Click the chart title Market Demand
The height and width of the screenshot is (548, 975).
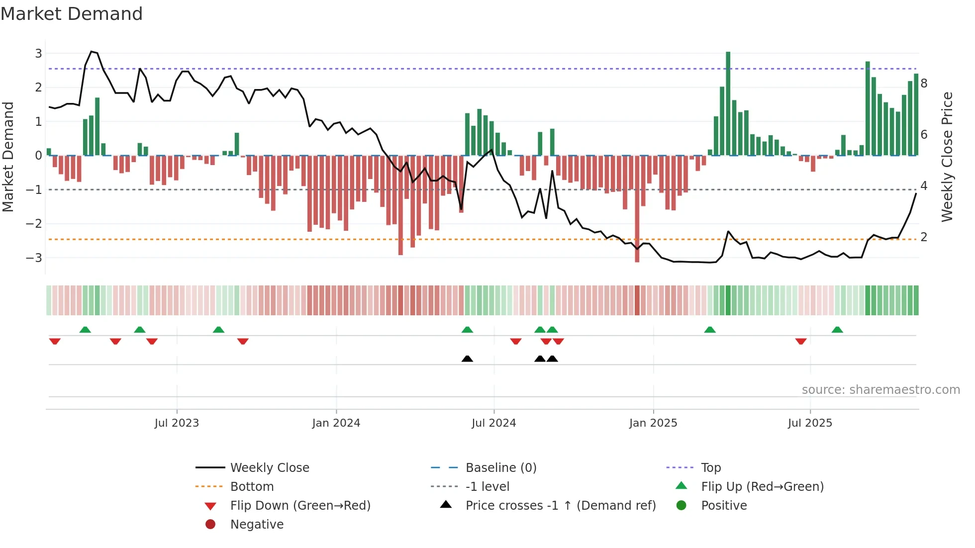pyautogui.click(x=72, y=14)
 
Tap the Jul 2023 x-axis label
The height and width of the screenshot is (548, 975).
pyautogui.click(x=177, y=423)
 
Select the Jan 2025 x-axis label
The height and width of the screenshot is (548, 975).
pyautogui.click(x=653, y=423)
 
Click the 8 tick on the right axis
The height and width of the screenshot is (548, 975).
pyautogui.click(x=924, y=83)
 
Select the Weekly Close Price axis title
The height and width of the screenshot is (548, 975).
pyautogui.click(x=947, y=157)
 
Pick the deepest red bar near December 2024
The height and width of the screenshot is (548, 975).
pyautogui.click(x=637, y=209)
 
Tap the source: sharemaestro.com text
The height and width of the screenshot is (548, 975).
pyautogui.click(x=880, y=390)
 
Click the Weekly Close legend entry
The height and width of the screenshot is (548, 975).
pyautogui.click(x=269, y=468)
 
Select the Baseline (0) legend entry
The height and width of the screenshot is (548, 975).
pyautogui.click(x=500, y=468)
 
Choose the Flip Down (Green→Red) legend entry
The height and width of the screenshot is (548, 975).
pyautogui.click(x=300, y=506)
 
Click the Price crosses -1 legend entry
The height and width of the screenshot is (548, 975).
pyautogui.click(x=560, y=506)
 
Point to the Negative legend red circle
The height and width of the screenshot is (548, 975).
pyautogui.click(x=210, y=525)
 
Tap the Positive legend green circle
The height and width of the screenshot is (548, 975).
pyautogui.click(x=682, y=506)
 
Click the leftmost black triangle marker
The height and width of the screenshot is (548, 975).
pyautogui.click(x=467, y=359)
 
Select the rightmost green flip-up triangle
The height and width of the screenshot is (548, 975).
pyautogui.click(x=837, y=330)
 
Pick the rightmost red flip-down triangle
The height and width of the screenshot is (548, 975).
pyautogui.click(x=800, y=341)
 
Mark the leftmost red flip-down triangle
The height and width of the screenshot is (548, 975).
pyautogui.click(x=55, y=341)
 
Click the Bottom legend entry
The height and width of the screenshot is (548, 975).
pyautogui.click(x=252, y=487)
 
